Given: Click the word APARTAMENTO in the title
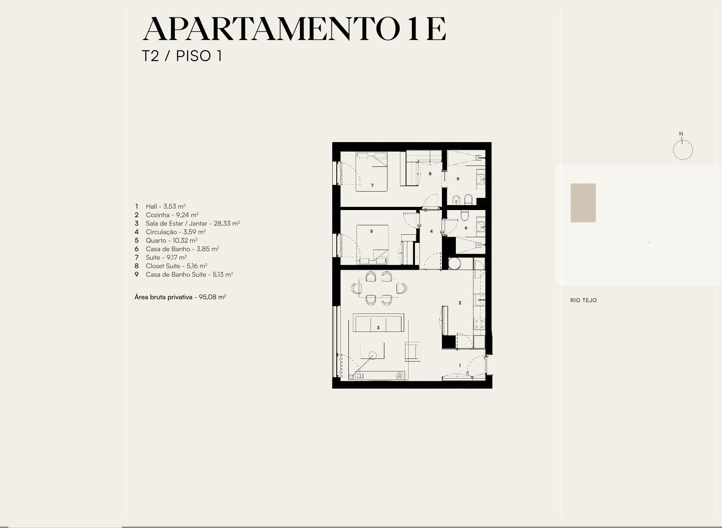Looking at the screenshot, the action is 271,29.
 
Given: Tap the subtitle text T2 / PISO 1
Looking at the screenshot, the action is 182,56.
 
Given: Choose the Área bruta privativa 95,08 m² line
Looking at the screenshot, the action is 180,297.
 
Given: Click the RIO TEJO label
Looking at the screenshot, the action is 584,300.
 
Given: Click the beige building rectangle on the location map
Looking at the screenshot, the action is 583,203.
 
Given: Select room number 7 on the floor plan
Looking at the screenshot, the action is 372,185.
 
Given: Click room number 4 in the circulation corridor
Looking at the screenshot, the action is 432,231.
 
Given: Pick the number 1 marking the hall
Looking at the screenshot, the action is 459,366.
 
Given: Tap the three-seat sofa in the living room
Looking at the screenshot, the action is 379,322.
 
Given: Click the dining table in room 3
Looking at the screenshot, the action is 379,288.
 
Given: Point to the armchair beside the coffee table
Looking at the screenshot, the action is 413,351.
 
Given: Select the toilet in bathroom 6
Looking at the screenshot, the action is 464,216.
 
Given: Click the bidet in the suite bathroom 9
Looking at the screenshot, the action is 456,200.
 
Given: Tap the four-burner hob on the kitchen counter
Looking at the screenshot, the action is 479,324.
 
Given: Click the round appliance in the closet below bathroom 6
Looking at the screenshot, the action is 455,264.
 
